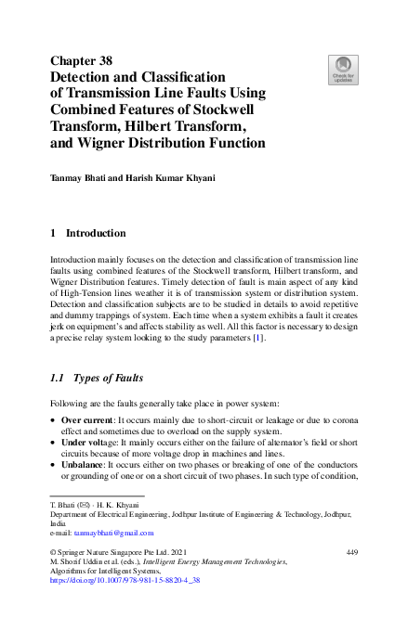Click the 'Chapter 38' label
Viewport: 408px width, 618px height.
click(x=81, y=60)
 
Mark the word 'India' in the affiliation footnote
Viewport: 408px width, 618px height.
click(x=59, y=523)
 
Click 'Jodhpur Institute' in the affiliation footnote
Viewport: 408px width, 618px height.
click(x=217, y=514)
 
